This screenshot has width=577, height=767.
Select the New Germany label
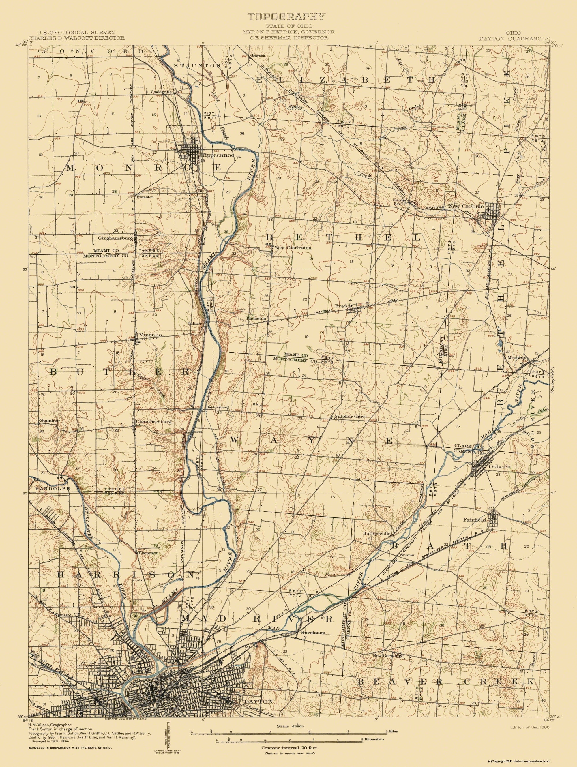[387, 656]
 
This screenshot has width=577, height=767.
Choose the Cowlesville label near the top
[161, 92]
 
